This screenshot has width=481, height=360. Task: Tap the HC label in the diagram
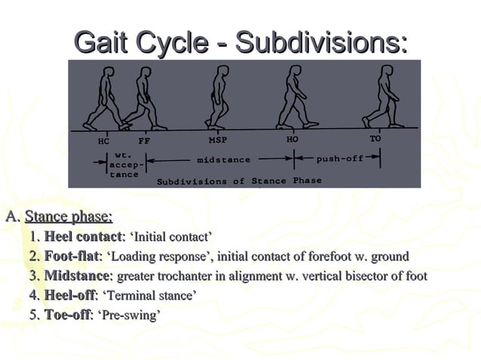(104, 141)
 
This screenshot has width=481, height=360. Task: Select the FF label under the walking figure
(144, 141)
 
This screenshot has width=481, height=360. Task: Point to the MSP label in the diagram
(217, 141)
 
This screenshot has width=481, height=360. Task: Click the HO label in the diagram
(293, 140)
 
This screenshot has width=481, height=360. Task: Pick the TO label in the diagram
(375, 139)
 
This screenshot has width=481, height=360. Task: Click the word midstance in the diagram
(223, 160)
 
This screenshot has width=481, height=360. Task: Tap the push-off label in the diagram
(339, 160)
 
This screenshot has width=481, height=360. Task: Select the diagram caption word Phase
(307, 181)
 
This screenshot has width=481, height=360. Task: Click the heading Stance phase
(69, 218)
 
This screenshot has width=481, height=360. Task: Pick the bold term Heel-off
(70, 295)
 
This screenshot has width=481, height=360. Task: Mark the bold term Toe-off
(67, 315)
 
